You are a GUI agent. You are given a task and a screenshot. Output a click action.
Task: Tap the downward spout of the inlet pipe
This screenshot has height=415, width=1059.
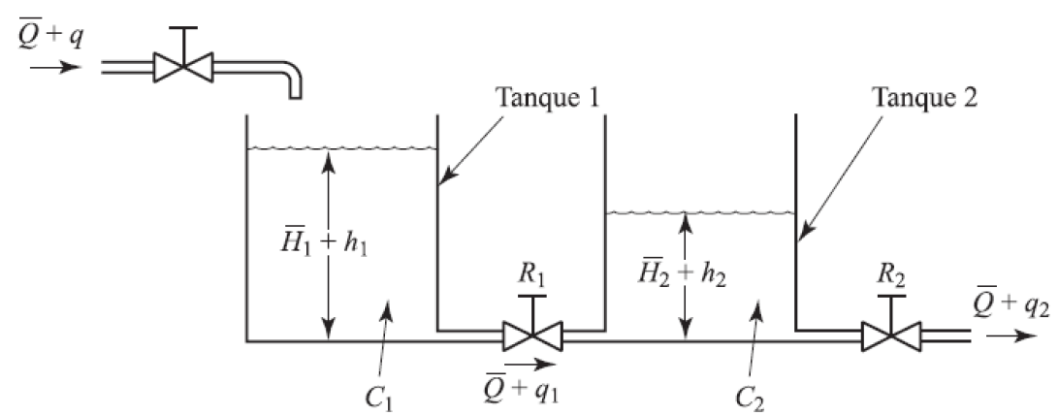(293, 86)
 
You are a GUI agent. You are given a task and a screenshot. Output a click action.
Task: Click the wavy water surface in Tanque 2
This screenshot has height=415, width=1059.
(698, 211)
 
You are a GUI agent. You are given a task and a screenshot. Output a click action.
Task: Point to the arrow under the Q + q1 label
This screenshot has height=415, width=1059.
(534, 366)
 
